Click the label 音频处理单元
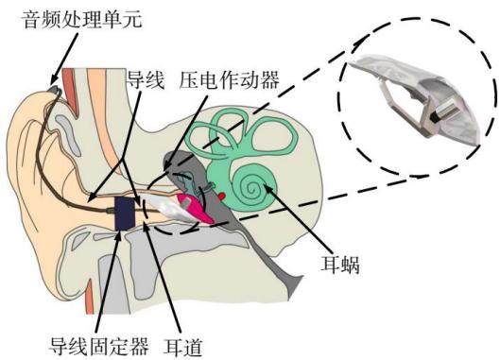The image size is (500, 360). coord(82,20)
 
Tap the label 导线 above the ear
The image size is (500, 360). coord(146,79)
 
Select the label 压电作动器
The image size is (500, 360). coord(230,79)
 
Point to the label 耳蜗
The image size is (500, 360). coord(340,265)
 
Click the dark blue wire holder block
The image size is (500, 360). coord(125,213)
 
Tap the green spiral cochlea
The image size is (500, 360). coord(252,186)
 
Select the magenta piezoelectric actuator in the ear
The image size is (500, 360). coord(195,208)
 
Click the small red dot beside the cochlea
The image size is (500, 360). coord(222,197)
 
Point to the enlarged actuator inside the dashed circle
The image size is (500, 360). coord(415,99)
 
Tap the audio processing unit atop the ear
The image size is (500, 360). coord(54,90)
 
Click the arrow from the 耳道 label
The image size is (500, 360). coord(162,278)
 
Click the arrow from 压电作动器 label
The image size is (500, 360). coord(185,131)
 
